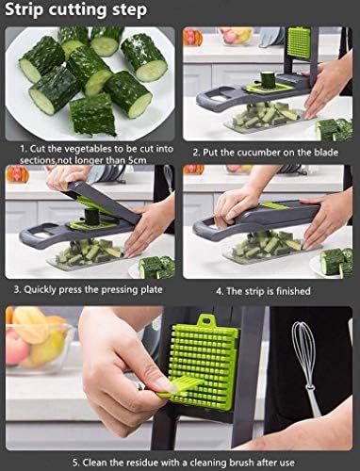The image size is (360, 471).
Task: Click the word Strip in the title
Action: click(x=24, y=10)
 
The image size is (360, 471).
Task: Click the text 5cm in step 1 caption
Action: click(x=138, y=160)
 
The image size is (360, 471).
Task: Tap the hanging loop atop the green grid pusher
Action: click(x=206, y=320)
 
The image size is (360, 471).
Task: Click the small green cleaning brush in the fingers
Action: click(x=181, y=387)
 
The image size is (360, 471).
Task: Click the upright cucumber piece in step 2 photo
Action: click(x=269, y=80)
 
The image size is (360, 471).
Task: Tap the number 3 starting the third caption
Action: click(x=17, y=289)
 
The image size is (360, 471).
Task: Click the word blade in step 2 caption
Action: click(x=326, y=153)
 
